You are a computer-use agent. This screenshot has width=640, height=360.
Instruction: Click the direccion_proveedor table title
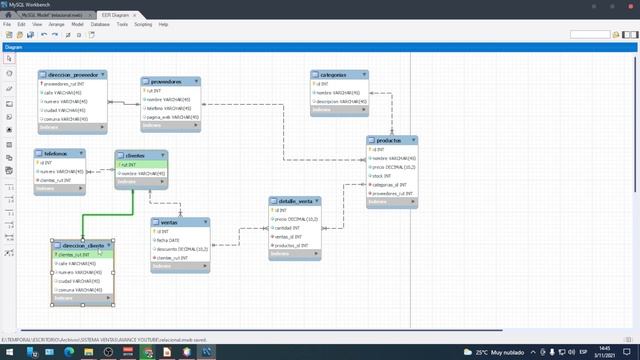pos(71,75)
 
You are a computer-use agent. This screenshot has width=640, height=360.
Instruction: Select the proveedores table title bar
pos(164,80)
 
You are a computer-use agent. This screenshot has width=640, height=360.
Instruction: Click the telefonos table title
pos(56,154)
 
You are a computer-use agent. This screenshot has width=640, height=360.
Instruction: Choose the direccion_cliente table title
pos(83,244)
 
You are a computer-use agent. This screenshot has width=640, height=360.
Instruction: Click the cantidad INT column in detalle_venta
pos(289,227)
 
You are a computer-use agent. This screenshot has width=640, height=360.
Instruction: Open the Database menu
pos(100,24)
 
